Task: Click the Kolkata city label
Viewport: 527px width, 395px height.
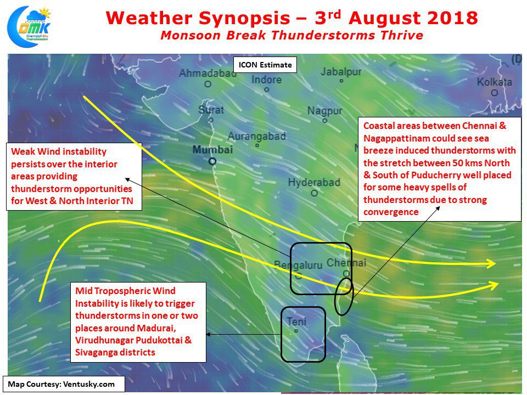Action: tap(495, 82)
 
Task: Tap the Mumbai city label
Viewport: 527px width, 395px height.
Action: tap(212, 149)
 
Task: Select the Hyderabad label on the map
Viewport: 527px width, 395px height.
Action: tap(314, 182)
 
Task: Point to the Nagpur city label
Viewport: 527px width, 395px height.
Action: tap(324, 111)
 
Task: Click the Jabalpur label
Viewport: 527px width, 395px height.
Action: tap(341, 71)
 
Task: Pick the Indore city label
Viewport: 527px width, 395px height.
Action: tap(267, 80)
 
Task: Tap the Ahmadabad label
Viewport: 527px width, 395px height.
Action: tap(208, 73)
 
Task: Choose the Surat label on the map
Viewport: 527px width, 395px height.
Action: tap(211, 110)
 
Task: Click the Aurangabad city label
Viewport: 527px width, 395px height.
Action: tap(257, 136)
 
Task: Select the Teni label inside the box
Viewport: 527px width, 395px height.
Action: tap(296, 322)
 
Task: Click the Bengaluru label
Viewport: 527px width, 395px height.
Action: tap(298, 266)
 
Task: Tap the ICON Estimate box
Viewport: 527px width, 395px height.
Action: tap(265, 65)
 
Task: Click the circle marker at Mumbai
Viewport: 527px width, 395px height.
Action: tap(212, 161)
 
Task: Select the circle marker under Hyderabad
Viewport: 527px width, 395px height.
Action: tap(314, 194)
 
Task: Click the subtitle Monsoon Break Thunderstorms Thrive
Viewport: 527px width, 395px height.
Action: tap(291, 35)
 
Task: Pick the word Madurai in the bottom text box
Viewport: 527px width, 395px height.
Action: tap(158, 328)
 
